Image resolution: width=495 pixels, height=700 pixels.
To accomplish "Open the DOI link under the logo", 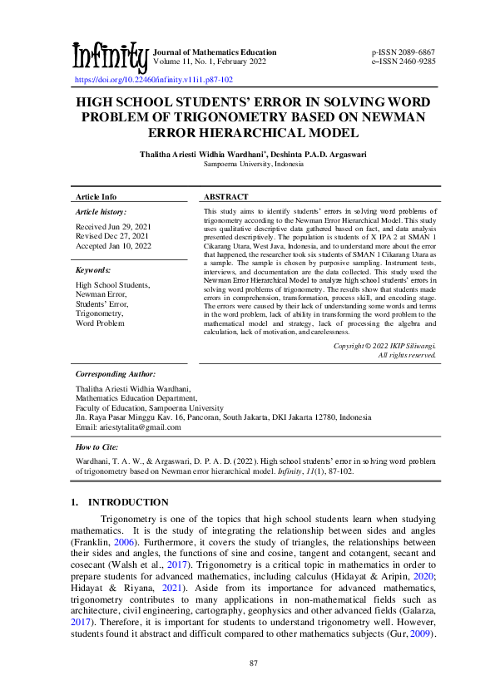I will tap(154, 80).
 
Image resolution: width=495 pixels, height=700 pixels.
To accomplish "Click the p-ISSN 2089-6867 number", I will tap(403, 52).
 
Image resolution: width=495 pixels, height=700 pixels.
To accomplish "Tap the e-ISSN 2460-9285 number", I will tap(403, 62).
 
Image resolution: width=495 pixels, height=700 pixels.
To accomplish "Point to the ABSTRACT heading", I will tap(226, 197).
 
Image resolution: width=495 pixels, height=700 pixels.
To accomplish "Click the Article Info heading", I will tap(97, 197).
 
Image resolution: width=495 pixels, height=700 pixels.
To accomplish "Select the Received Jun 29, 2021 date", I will tap(113, 226).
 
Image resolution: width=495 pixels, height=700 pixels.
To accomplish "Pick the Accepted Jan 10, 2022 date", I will tap(113, 246).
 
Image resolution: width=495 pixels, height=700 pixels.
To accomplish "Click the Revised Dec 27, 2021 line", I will tap(112, 236).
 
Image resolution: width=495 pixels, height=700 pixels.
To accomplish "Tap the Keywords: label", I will tap(93, 270).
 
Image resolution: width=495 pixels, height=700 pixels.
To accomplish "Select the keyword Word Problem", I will tap(100, 323).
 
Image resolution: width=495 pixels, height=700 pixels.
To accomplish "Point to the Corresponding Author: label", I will tap(115, 375).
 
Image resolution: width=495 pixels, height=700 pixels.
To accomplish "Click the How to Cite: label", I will tap(98, 447).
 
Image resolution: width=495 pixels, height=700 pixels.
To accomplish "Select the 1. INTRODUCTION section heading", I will tap(120, 502).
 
